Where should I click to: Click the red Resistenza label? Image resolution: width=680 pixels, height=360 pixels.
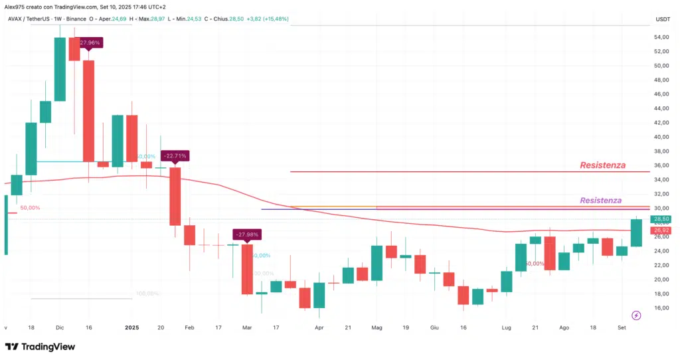click(602, 165)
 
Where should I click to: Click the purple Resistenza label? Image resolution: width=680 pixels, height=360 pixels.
click(600, 201)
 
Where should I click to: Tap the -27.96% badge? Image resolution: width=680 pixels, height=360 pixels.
click(90, 43)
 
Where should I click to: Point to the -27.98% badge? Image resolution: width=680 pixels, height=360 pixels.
click(247, 234)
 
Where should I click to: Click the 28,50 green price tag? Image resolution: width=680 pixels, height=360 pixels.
click(661, 219)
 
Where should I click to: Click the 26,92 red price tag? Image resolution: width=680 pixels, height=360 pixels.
click(661, 230)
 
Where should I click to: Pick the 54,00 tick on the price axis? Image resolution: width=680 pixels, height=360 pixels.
click(661, 37)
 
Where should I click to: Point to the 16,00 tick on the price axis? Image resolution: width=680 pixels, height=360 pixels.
click(661, 308)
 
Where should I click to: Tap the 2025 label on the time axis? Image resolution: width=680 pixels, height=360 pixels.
click(132, 327)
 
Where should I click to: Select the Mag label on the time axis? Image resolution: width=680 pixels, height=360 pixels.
click(377, 327)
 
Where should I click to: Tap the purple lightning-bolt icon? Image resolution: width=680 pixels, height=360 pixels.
click(636, 315)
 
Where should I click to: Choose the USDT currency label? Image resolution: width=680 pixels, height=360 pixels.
click(662, 19)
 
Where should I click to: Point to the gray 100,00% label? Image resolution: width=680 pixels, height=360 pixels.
click(147, 293)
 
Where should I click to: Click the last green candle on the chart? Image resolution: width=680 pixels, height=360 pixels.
click(636, 232)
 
